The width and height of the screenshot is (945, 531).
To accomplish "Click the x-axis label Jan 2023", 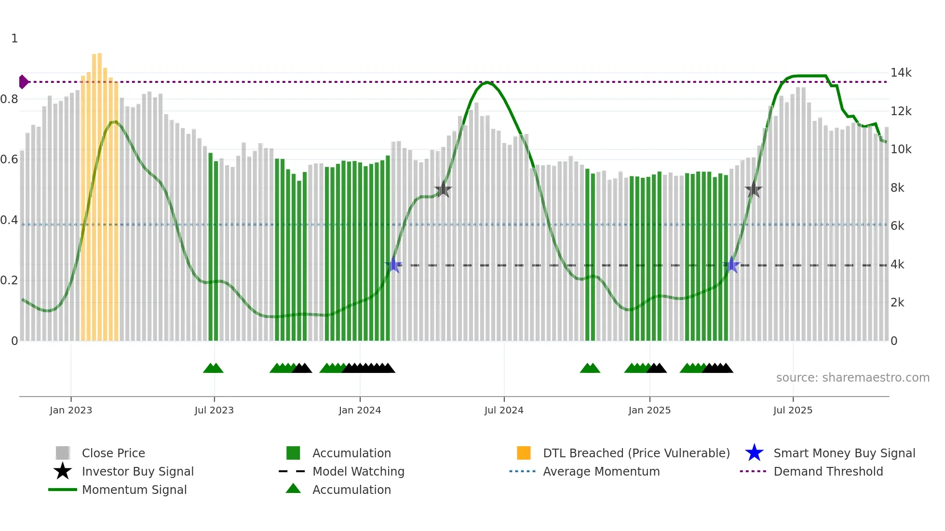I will point(71,410).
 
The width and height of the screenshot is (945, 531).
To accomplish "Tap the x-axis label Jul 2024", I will point(504,410).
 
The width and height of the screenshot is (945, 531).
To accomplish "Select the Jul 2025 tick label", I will point(793,410).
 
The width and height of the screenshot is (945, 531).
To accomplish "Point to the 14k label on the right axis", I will point(901,73).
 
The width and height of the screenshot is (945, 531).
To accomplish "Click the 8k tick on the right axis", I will point(897,188).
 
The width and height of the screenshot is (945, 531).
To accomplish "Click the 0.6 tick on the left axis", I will point(9,159).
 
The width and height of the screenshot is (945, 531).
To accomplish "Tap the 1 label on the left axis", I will point(14,39).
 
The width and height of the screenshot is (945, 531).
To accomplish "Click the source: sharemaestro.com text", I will point(852,377).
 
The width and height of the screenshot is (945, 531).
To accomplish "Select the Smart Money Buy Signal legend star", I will point(754,453).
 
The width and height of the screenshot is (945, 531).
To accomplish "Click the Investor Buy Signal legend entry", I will point(137,471).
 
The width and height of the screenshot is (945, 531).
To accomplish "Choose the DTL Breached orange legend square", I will point(524,453).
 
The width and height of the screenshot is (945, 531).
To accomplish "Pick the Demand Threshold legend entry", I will point(828,471).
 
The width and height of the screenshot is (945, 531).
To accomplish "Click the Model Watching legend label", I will point(358,471).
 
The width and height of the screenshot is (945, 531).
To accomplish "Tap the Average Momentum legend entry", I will point(601,471).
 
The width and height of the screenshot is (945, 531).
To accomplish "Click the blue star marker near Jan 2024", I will point(393,265).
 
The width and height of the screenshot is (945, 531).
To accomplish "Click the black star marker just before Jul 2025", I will point(753,189).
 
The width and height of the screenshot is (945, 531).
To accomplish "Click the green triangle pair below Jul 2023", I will point(213,368).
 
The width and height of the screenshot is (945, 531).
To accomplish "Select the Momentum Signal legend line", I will point(63,490).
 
